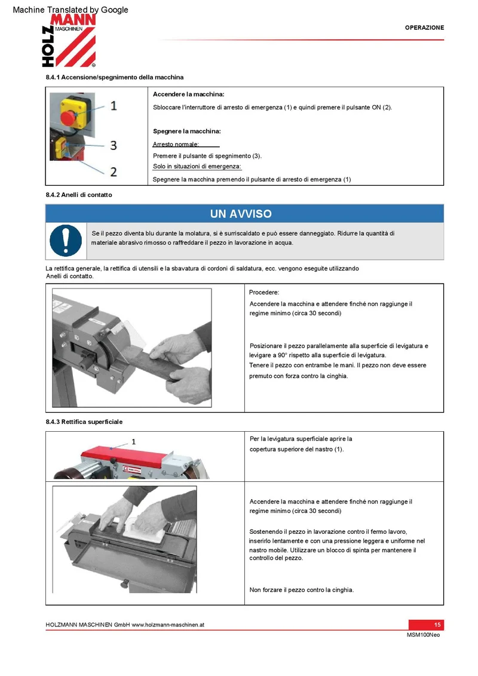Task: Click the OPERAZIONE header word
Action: click(424, 27)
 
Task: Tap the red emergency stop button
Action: click(68, 117)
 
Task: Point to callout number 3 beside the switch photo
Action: click(114, 145)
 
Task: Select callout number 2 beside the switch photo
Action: click(114, 171)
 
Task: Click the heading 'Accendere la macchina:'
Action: click(189, 94)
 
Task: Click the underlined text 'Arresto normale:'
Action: click(176, 144)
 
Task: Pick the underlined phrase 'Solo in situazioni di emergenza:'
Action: click(197, 167)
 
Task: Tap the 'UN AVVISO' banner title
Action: click(241, 214)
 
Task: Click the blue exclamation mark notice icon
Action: click(66, 241)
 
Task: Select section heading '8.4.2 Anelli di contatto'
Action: click(79, 195)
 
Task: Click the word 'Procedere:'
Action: click(264, 292)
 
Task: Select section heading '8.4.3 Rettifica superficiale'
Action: click(84, 422)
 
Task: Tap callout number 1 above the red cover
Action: click(134, 441)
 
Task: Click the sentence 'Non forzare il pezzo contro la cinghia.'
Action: click(302, 590)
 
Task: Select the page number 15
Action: click(437, 625)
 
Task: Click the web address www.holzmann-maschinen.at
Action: click(168, 625)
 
